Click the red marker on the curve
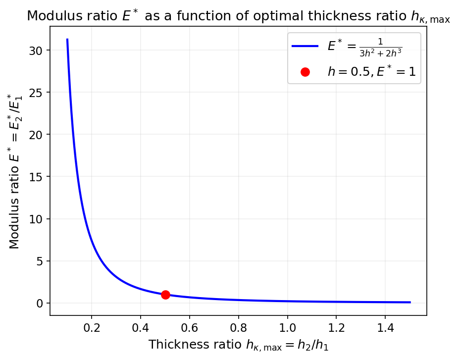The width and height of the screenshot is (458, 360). (x=165, y=295)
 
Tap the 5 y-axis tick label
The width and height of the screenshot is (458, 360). (x=40, y=261)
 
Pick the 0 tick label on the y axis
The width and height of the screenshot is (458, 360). (x=40, y=303)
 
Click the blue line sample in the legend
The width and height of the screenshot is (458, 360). (x=305, y=46)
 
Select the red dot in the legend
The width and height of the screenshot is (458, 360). (x=305, y=72)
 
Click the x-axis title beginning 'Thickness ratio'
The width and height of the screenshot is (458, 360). (x=238, y=345)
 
